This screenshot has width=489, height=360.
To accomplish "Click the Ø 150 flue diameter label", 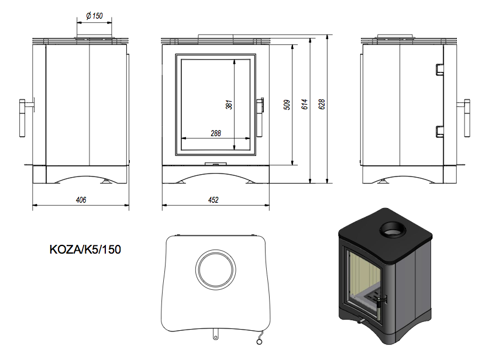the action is coord(94,16).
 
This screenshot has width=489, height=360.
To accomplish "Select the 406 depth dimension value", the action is coord(81,200).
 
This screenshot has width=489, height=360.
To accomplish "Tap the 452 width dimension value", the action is coord(213,200).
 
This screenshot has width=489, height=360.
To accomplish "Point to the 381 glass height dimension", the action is coord(229,105).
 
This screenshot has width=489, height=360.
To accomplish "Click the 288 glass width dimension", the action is coord(216,133).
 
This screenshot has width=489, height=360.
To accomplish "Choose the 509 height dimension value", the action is coord(287,105).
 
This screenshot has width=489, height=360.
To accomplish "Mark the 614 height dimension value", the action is coord(305,104).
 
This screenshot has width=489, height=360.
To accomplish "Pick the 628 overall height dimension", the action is coord(322,104).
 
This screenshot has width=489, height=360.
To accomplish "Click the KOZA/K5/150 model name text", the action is coord(85,250).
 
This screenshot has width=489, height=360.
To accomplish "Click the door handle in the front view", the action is coord(260,117).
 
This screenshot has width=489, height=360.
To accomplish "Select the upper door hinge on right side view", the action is coord(440,70).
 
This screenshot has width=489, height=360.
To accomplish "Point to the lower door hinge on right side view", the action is coord(440,131).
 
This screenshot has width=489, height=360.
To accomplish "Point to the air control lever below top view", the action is coord(215,334).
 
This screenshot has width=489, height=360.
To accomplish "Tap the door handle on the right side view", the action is coord(466,118).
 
